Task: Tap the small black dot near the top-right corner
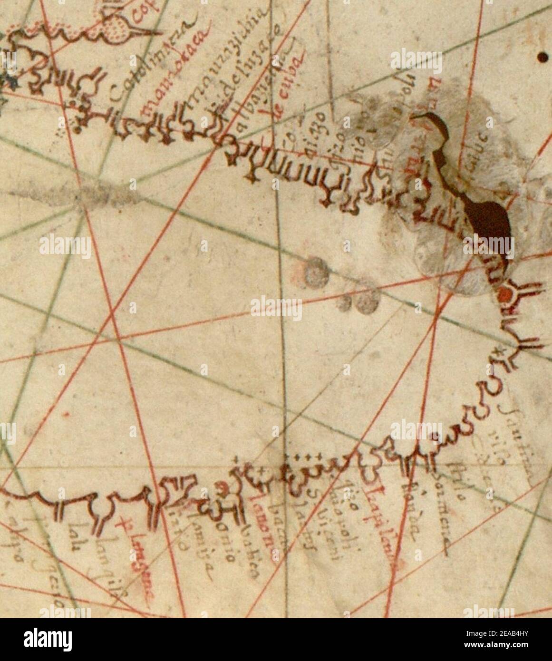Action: pos(542,58)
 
